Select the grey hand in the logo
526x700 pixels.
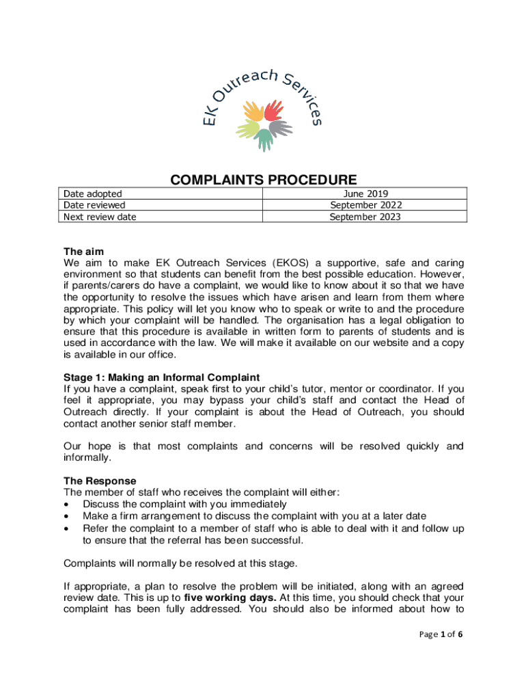[279, 128]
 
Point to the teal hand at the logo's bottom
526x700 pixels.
[264, 139]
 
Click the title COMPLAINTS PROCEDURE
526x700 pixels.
[263, 180]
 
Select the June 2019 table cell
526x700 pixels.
[365, 194]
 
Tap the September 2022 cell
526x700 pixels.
[365, 205]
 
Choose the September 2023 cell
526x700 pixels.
[365, 217]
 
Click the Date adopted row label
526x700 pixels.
[92, 194]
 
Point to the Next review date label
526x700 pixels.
[100, 217]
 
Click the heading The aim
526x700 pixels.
[83, 251]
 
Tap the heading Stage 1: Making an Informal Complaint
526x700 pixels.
[161, 377]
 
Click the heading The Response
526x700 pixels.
[100, 481]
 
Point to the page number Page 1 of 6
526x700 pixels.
[441, 634]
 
